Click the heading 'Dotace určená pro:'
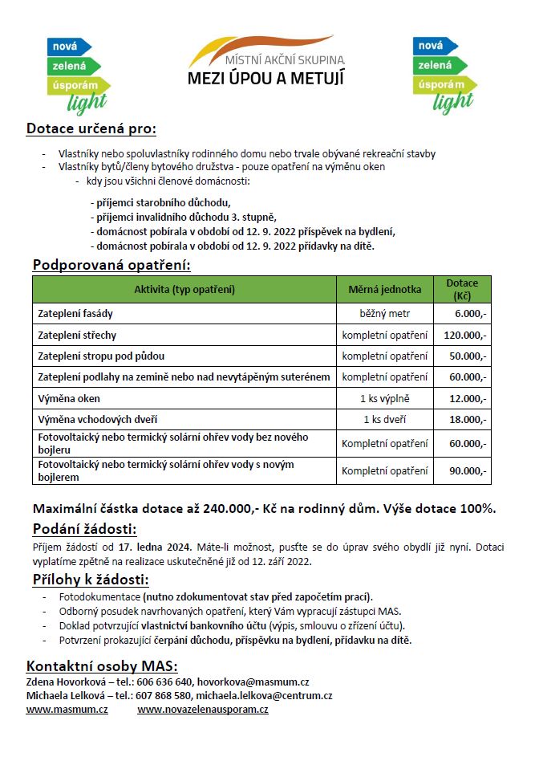pos(91,128)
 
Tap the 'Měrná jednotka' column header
pos(384,289)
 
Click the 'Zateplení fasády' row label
pos(75,313)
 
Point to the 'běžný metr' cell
pos(384,313)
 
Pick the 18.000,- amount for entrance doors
pos(468,419)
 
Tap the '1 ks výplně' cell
pos(384,398)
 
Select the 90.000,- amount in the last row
pos(468,471)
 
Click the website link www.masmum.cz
pos(67,710)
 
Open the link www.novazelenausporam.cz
pos(203,710)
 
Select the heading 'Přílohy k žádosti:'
pos(91,580)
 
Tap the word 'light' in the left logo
pos(87,102)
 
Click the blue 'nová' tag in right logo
pos(430,46)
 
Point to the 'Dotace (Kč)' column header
pos(462,289)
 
